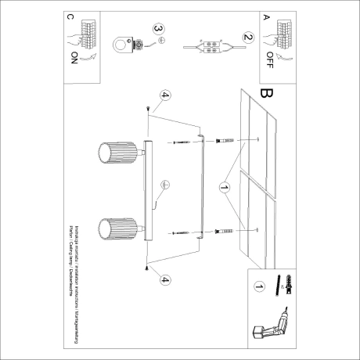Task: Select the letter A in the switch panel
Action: pos(265,16)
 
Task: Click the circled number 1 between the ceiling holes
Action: pos(224,188)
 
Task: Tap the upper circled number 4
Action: pos(164,97)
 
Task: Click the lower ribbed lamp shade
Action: pos(117,229)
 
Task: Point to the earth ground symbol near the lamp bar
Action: pos(165,185)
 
